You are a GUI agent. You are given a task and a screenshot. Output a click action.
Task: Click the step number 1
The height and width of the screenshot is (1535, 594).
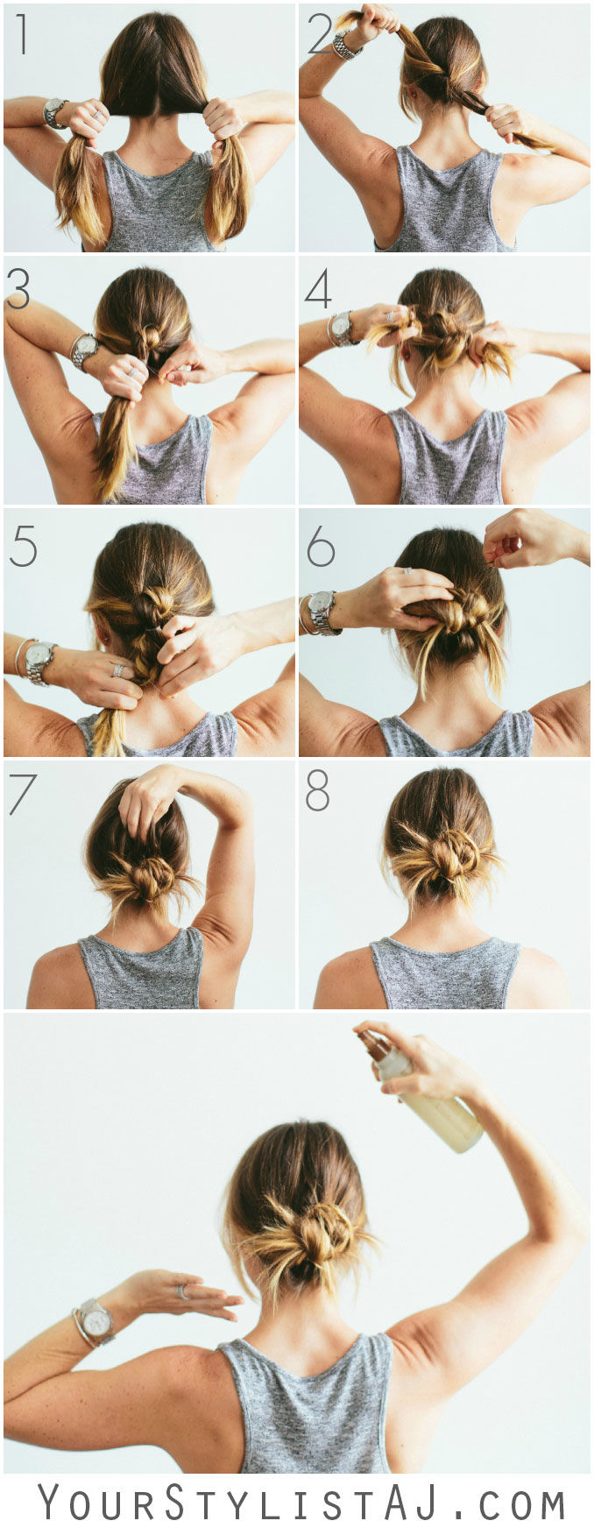[x=21, y=35]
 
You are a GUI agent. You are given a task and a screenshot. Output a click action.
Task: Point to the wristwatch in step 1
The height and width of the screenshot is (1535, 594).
[x=55, y=111]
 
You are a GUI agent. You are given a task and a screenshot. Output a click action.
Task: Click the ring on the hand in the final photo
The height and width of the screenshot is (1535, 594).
[x=182, y=1291]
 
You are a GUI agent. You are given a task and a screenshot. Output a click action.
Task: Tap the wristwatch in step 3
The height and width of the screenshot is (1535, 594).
[x=85, y=350]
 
